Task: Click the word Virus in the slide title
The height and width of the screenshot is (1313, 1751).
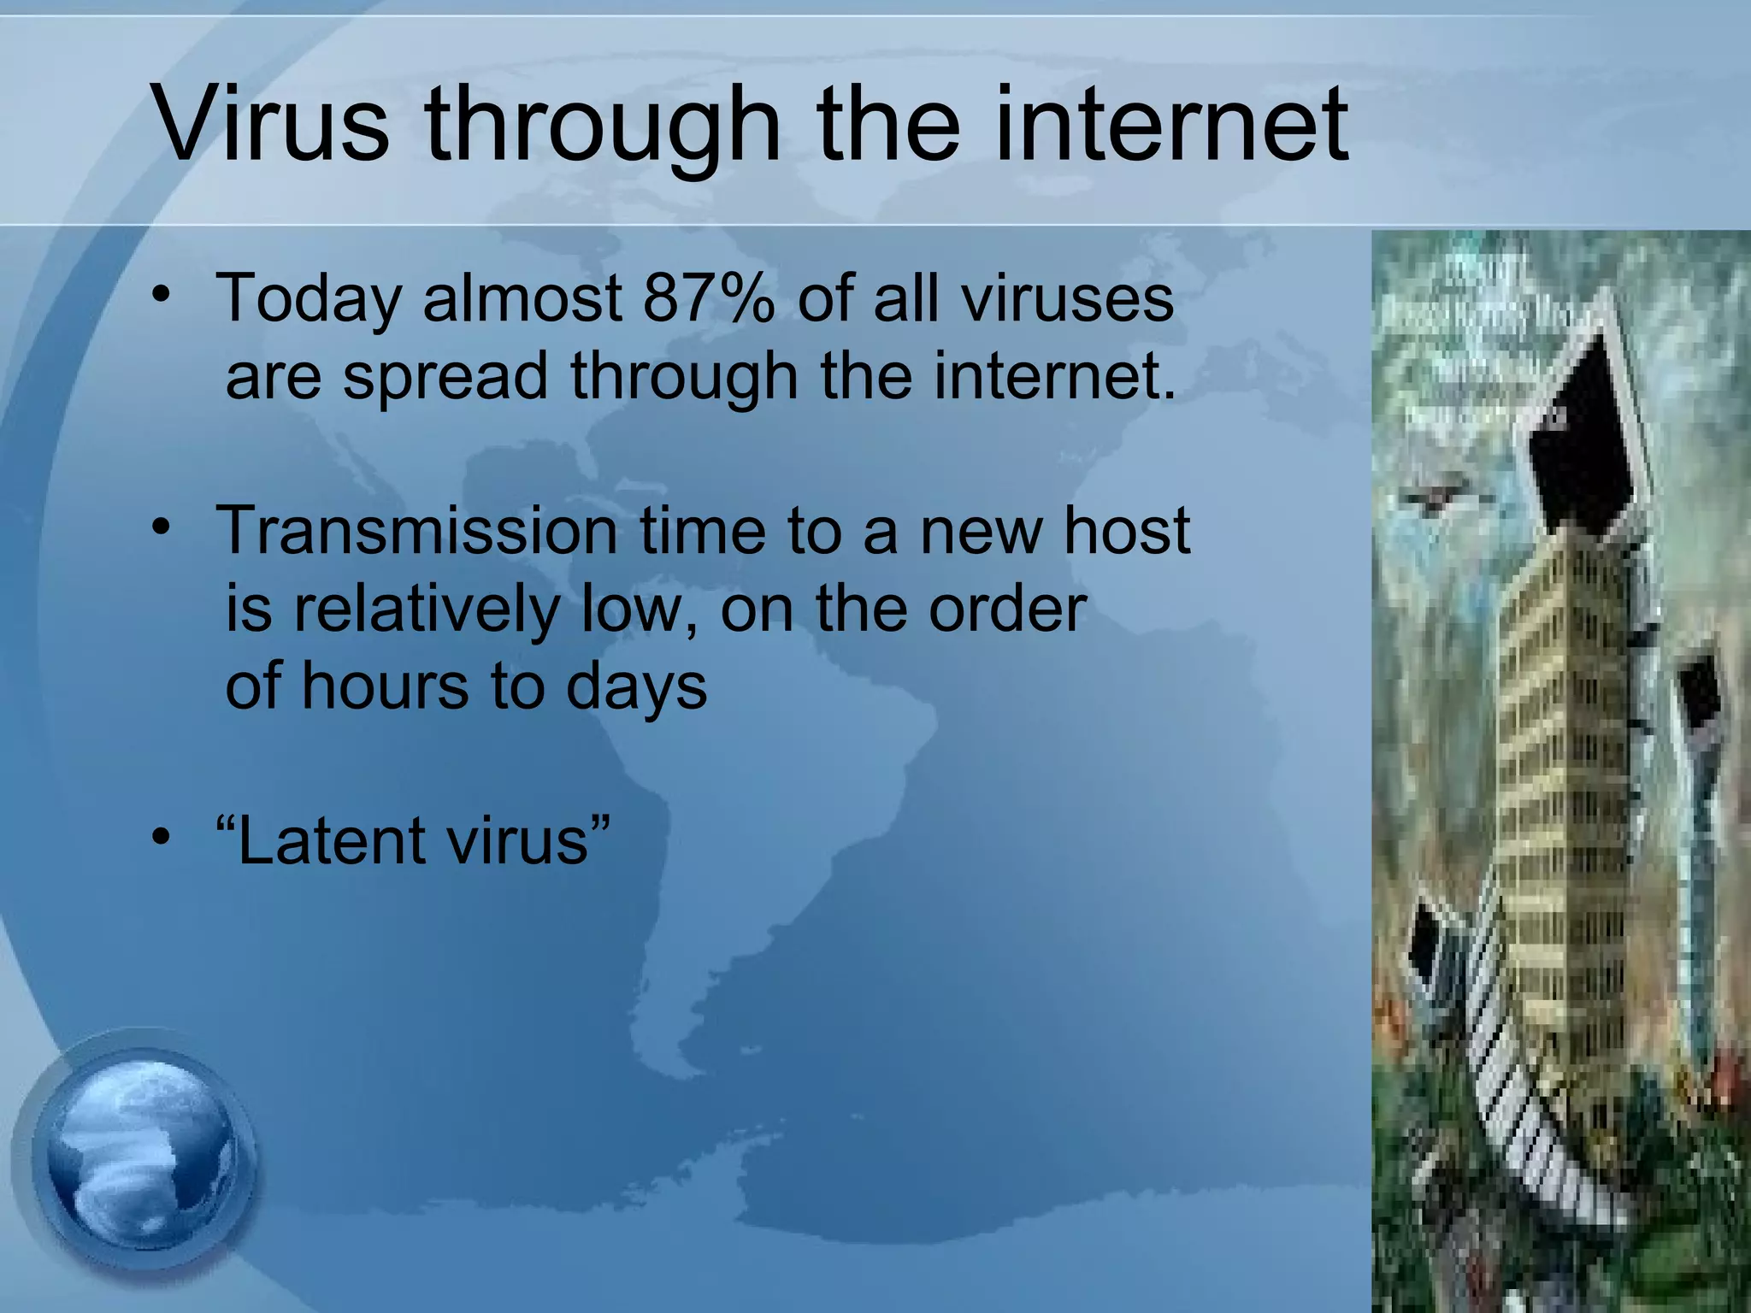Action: click(x=271, y=124)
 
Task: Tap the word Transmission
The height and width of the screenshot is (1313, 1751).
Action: click(x=418, y=531)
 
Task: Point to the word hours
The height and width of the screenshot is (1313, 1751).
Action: click(x=385, y=686)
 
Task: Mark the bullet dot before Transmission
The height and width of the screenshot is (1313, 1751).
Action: click(x=161, y=528)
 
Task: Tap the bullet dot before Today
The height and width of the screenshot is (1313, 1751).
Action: click(x=161, y=296)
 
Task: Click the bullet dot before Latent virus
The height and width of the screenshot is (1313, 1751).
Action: click(x=161, y=839)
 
